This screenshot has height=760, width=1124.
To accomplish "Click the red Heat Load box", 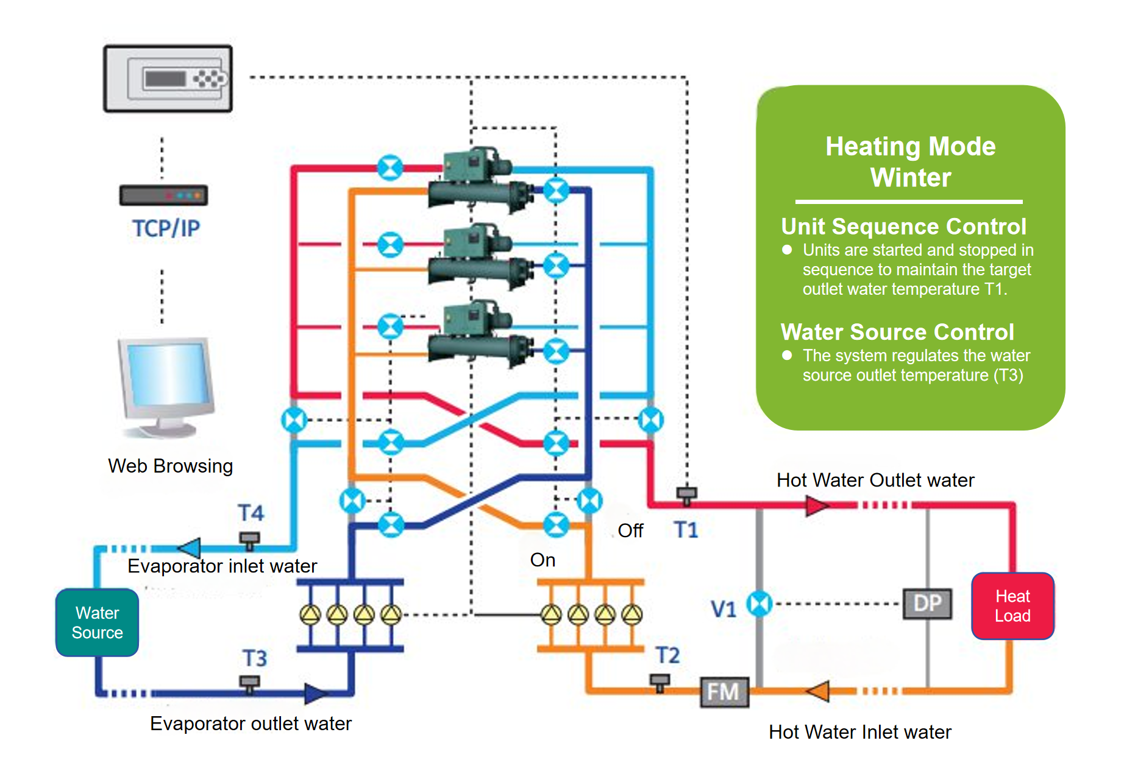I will point(1012,606).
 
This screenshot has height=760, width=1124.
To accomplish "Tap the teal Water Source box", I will point(97,622).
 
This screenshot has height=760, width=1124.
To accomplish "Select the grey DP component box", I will point(927,603).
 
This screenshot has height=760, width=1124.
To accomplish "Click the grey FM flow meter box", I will point(724,692).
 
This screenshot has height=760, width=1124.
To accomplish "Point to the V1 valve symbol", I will point(759,604).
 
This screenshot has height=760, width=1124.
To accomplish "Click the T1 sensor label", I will point(686,530).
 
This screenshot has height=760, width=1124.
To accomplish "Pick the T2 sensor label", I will point(667,655).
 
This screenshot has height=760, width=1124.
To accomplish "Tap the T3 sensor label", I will point(255,658).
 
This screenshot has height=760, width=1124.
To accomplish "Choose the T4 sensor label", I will point(251,513).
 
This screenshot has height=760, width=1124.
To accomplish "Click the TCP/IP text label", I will point(166,228).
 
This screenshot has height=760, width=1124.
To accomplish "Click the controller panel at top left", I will point(168,79).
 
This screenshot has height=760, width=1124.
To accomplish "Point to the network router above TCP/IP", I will point(163,195).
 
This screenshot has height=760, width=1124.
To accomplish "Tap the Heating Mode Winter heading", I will point(910,162).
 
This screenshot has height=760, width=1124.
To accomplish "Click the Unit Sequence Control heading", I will point(903,227).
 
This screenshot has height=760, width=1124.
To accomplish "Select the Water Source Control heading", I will point(897,332).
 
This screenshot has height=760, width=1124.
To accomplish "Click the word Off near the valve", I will point(630,530).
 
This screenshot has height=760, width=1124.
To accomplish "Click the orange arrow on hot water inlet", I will point(818,691).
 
